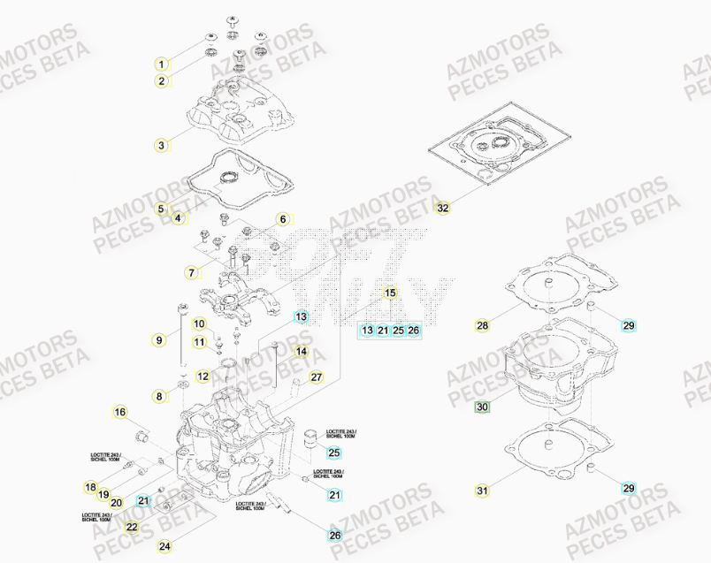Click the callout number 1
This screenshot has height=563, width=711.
pyautogui.click(x=161, y=64)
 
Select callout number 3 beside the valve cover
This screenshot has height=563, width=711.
pyautogui.click(x=161, y=145)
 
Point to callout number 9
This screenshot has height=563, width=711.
pyautogui.click(x=159, y=339)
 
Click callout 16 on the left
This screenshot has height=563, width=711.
pyautogui.click(x=120, y=412)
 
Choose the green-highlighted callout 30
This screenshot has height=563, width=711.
pyautogui.click(x=481, y=407)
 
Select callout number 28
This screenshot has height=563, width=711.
pyautogui.click(x=482, y=325)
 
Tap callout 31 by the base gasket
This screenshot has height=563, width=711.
pyautogui.click(x=481, y=491)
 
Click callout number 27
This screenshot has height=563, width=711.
pyautogui.click(x=317, y=377)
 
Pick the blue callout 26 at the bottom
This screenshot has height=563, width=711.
pyautogui.click(x=334, y=535)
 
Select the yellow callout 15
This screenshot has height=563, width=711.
pyautogui.click(x=390, y=293)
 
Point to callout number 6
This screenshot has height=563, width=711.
pyautogui.click(x=283, y=219)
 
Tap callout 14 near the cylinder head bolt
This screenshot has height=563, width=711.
pyautogui.click(x=302, y=352)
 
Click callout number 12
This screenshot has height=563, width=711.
pyautogui.click(x=203, y=377)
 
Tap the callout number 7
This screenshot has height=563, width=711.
pyautogui.click(x=190, y=272)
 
